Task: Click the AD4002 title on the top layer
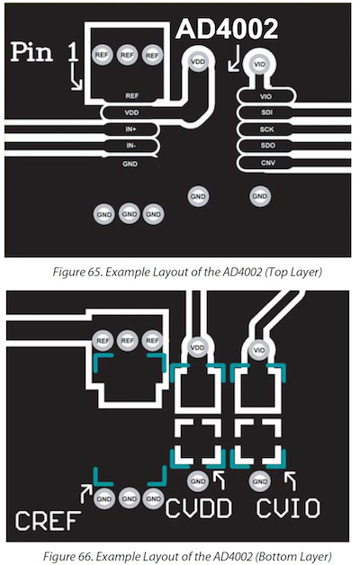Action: click(226, 31)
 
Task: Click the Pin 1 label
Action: click(45, 52)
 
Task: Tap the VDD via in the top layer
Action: click(197, 63)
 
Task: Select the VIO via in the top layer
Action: click(260, 65)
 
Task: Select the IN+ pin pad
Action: click(131, 130)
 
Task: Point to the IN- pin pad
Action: click(131, 145)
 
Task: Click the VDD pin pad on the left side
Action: click(131, 112)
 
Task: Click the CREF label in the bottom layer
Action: click(46, 521)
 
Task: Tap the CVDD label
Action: click(200, 508)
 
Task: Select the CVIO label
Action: click(287, 508)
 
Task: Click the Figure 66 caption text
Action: click(179, 551)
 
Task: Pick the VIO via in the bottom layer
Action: click(258, 348)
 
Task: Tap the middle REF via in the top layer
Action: click(127, 55)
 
